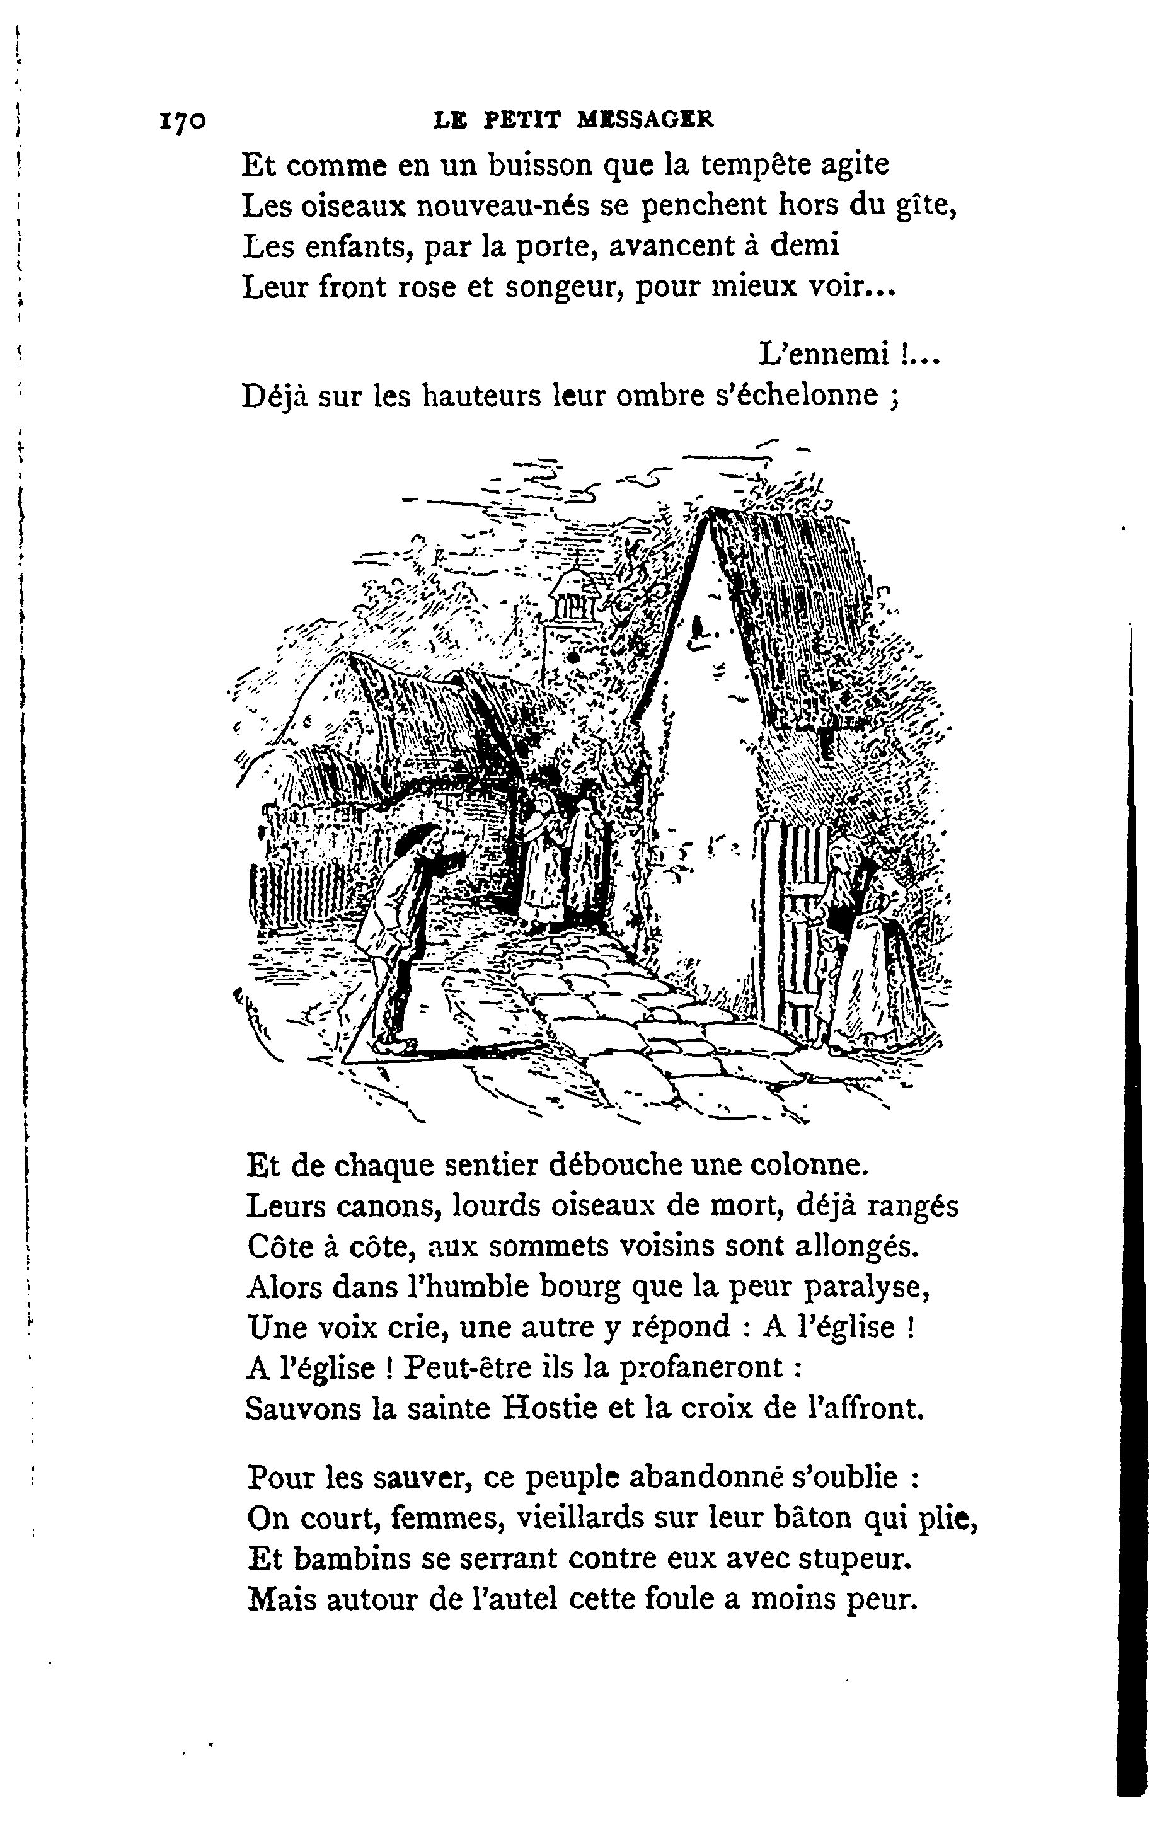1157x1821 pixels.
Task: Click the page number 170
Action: tap(181, 121)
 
